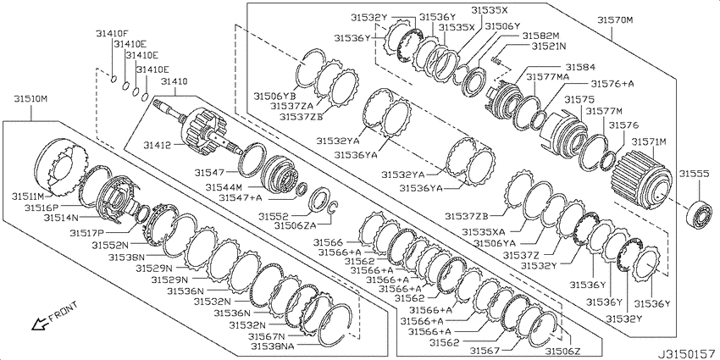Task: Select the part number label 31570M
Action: [615, 20]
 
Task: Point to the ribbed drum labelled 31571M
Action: [642, 177]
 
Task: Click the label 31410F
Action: [112, 33]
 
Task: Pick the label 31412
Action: [156, 145]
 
